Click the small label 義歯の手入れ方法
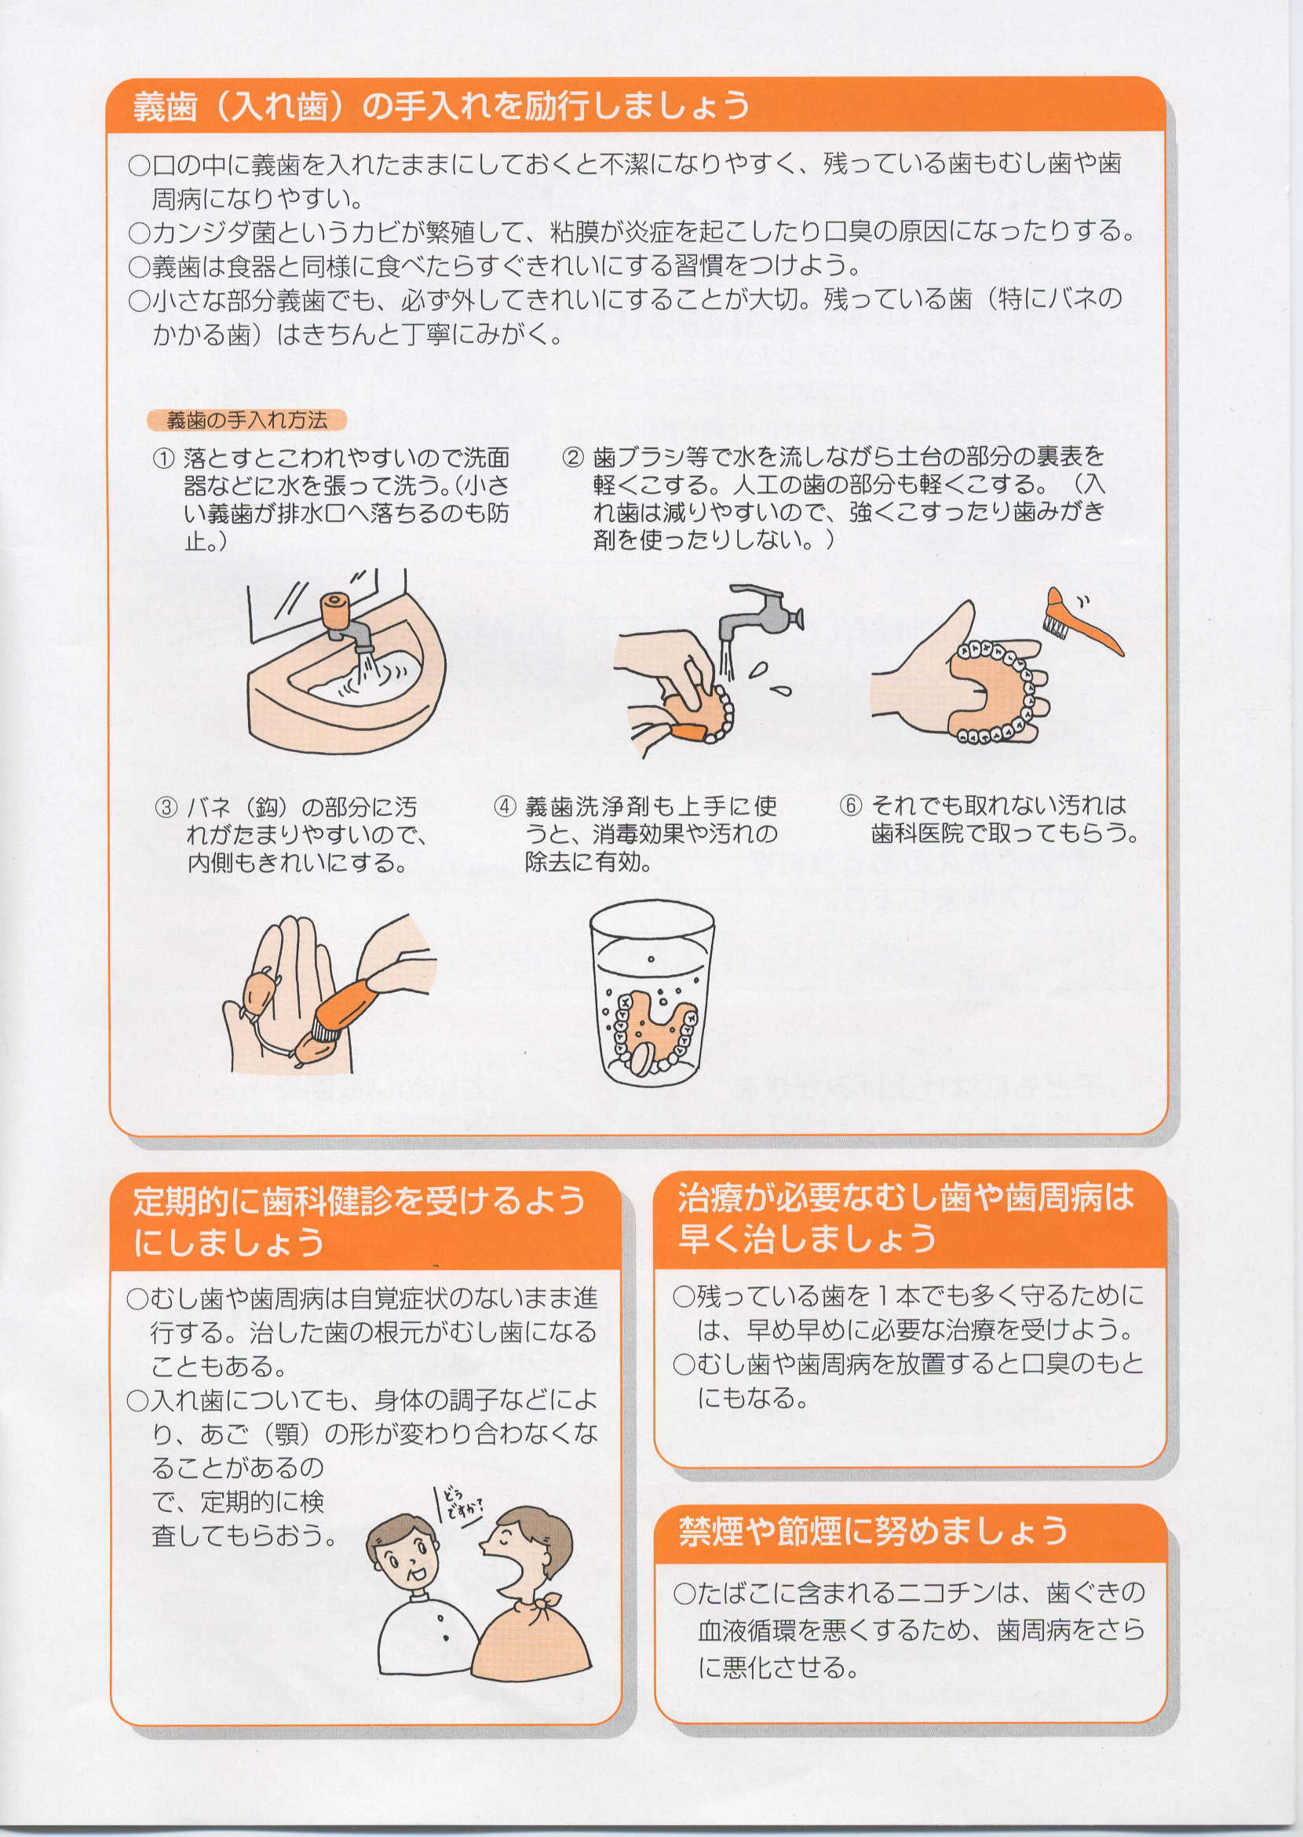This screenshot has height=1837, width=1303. click(x=246, y=420)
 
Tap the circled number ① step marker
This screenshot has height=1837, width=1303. click(x=164, y=459)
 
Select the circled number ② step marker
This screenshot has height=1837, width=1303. click(x=573, y=458)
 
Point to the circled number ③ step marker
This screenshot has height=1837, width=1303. click(x=166, y=806)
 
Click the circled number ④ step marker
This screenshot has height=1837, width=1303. click(x=504, y=806)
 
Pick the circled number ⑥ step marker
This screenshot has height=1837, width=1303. click(x=850, y=805)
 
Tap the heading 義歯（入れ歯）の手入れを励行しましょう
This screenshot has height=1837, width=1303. click(x=440, y=106)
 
